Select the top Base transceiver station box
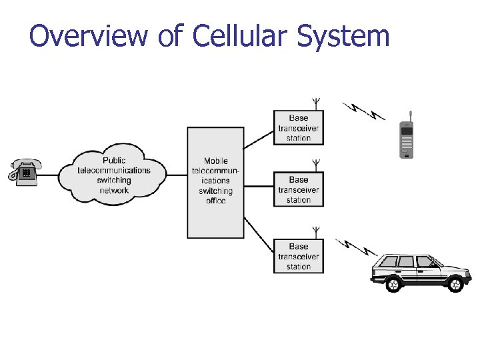point(298,128)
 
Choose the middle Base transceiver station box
point(298,189)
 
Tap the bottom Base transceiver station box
point(298,256)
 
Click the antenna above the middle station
point(316,165)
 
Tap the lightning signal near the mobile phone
point(364,111)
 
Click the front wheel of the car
point(455,284)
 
